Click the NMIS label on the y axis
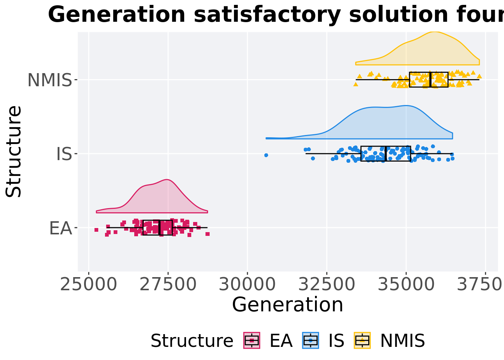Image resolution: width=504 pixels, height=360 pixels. tap(49, 80)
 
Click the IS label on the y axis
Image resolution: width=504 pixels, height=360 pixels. tap(64, 154)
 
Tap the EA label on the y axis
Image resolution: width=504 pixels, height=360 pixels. tap(60, 228)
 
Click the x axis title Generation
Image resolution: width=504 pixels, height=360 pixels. tap(288, 304)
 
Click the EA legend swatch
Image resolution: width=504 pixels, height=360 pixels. tap(252, 340)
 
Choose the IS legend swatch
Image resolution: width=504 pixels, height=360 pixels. tap(310, 340)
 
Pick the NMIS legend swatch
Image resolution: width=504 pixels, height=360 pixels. tap(362, 340)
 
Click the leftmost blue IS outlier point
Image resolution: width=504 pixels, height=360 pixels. tap(266, 155)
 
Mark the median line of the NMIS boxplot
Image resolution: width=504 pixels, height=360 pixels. tap(430, 79)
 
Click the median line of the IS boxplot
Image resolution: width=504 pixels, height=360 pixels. tap(385, 154)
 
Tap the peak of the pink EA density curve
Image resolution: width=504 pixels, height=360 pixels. tap(166, 180)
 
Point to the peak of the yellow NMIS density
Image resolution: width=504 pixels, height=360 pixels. tap(434, 32)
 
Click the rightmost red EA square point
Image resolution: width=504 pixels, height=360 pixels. tap(207, 234)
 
